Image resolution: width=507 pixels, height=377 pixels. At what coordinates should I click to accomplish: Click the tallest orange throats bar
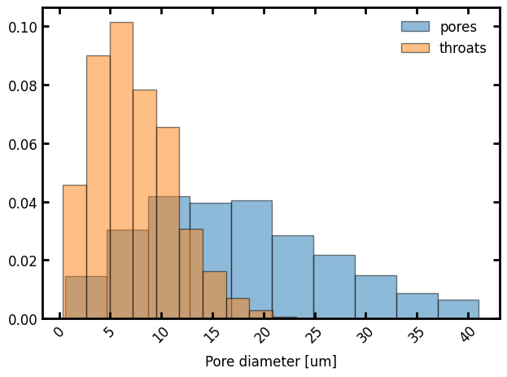click(x=121, y=170)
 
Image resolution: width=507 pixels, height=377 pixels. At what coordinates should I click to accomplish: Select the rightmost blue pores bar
click(x=458, y=309)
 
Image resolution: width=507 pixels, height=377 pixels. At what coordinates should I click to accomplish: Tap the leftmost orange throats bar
click(x=74, y=252)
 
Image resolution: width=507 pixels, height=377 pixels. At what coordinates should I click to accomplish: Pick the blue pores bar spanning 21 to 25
click(x=292, y=277)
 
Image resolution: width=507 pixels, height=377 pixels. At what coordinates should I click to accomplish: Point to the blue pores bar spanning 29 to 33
click(x=375, y=297)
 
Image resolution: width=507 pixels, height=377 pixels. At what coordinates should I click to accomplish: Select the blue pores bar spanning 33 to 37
click(x=417, y=306)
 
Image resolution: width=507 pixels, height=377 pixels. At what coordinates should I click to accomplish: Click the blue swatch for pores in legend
click(x=415, y=27)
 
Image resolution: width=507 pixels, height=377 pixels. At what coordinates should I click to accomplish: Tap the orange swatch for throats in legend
click(x=415, y=48)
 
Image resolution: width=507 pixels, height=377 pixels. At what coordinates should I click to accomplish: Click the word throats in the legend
click(x=462, y=48)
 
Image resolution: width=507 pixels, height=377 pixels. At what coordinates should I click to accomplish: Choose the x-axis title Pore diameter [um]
click(x=270, y=361)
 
